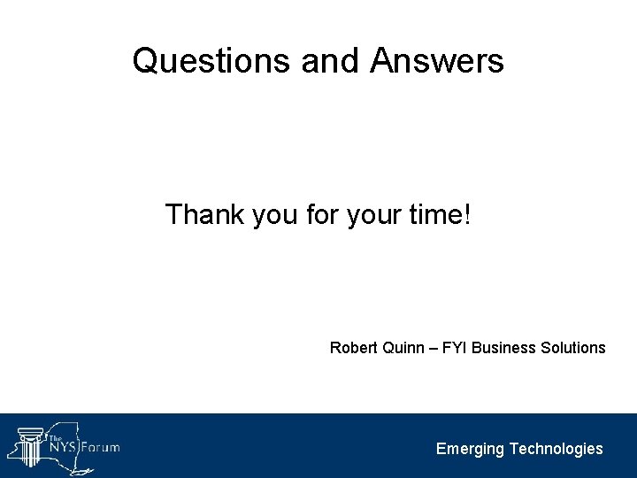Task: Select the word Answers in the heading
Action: [x=438, y=61]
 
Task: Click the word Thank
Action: [x=206, y=214]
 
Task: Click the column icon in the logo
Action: [x=29, y=445]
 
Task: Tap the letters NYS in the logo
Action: [x=64, y=447]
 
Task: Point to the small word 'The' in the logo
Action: [x=55, y=438]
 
